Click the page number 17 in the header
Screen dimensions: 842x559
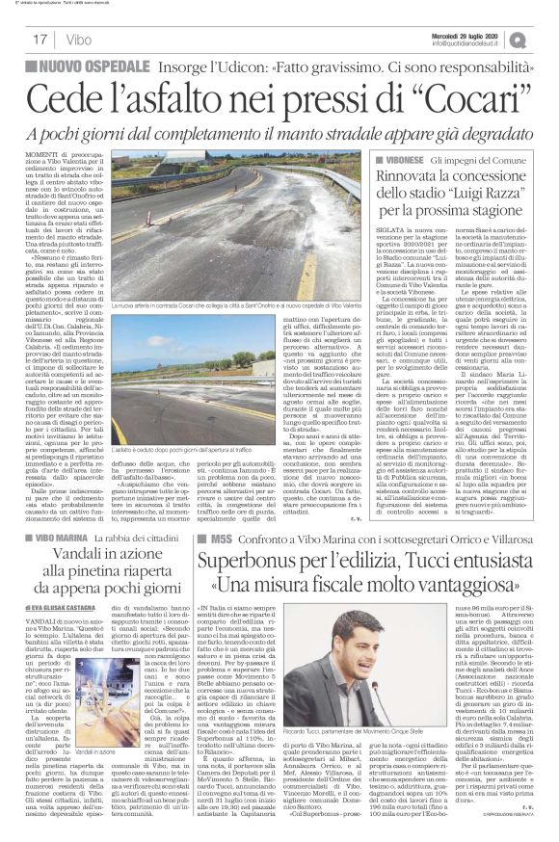click(x=40, y=39)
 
